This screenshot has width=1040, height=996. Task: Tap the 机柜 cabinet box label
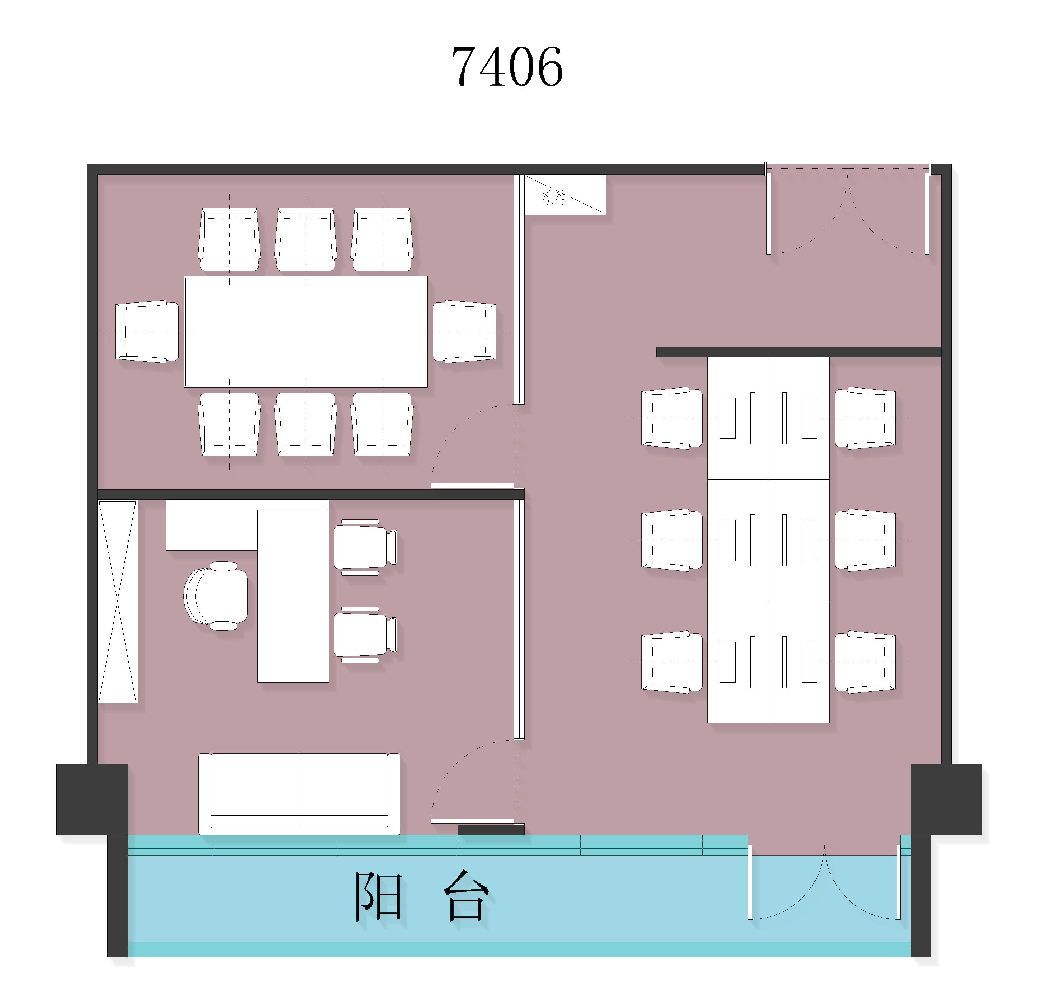click(555, 197)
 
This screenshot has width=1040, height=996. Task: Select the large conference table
click(306, 332)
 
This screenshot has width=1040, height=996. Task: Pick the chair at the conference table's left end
click(147, 332)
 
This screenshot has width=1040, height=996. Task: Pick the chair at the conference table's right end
click(465, 332)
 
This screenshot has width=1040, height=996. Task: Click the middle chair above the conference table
click(306, 239)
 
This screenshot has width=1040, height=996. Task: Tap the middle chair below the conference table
click(306, 424)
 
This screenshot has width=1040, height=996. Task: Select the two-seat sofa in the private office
click(299, 794)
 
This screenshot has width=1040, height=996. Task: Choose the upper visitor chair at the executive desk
click(365, 547)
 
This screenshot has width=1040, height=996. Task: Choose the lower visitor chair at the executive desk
click(365, 635)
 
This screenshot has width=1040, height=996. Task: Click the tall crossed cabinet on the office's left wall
click(118, 601)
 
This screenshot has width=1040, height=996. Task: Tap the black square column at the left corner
click(92, 799)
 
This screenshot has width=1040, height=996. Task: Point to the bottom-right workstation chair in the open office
click(865, 662)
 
